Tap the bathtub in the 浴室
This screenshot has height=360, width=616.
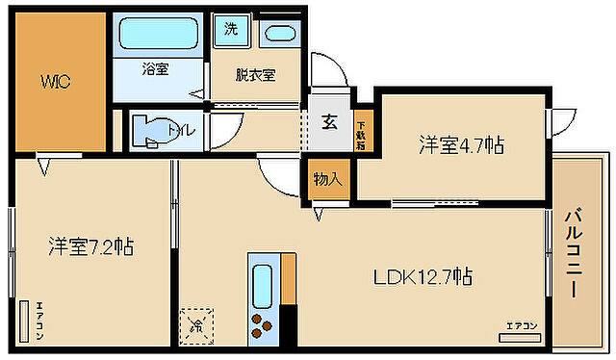pyautogui.click(x=157, y=37)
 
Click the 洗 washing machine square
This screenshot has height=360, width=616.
pyautogui.click(x=231, y=29)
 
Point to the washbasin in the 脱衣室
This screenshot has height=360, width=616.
pyautogui.click(x=281, y=34)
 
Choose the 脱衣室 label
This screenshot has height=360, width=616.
pyautogui.click(x=256, y=75)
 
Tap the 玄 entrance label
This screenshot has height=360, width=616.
pyautogui.click(x=329, y=122)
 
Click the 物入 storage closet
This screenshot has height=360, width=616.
pyautogui.click(x=328, y=180)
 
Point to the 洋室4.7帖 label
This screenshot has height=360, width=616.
pyautogui.click(x=461, y=145)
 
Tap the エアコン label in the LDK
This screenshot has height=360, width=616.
pyautogui.click(x=521, y=326)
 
